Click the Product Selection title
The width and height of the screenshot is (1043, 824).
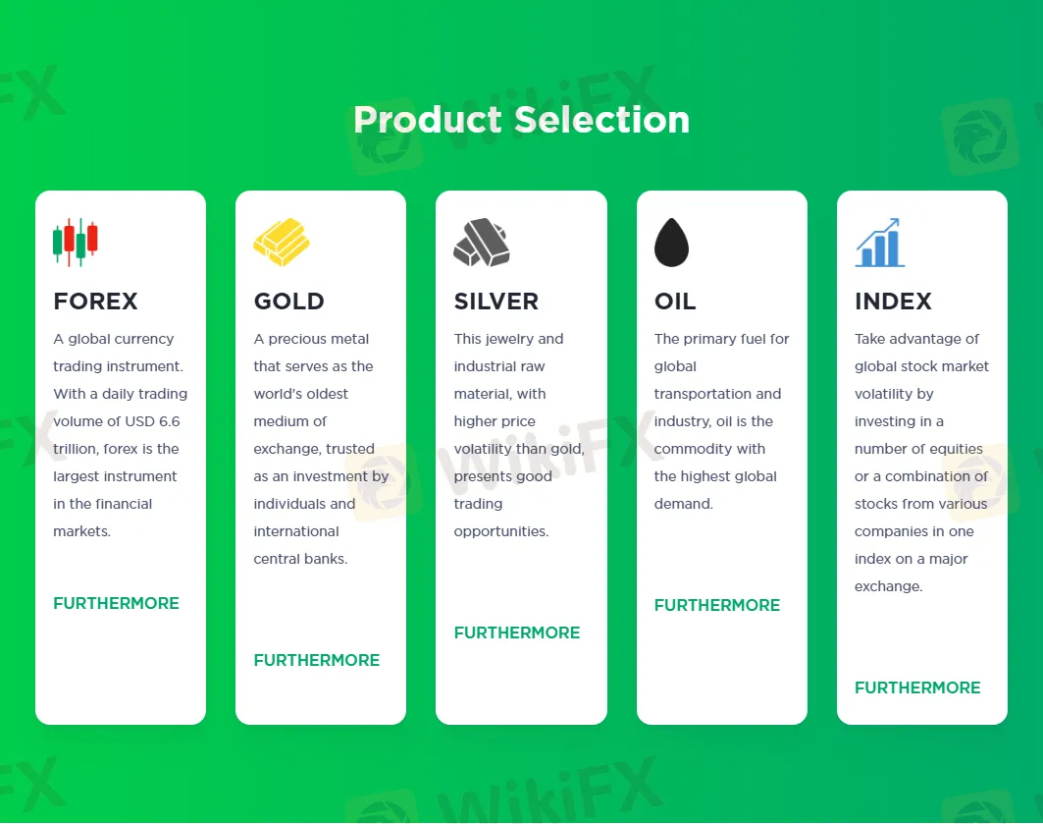point(522,120)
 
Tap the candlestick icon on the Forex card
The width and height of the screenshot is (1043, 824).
point(76,243)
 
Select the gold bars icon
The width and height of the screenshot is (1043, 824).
point(282,243)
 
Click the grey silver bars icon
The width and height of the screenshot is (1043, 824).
point(482,243)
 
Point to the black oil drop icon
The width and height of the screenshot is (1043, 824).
point(671,243)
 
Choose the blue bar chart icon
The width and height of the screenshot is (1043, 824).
point(879,243)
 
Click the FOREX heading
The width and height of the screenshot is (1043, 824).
point(96,302)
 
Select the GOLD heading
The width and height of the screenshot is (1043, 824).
point(288,302)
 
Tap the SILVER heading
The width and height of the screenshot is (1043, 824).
point(496,302)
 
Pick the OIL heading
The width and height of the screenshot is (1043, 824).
point(675,302)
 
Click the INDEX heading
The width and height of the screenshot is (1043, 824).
point(893,302)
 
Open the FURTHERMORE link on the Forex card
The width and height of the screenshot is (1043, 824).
point(117,603)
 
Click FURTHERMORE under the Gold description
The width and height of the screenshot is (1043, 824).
point(317,660)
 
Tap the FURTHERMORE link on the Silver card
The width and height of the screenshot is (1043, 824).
point(517,632)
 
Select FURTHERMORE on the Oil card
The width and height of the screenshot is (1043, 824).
point(717,605)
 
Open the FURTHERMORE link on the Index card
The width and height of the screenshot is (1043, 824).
point(918,687)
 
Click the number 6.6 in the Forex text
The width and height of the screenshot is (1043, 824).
point(169,421)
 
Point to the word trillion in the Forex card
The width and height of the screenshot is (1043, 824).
point(76,449)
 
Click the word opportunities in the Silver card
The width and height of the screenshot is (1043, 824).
point(500,531)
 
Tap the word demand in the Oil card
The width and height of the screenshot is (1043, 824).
point(683,504)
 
